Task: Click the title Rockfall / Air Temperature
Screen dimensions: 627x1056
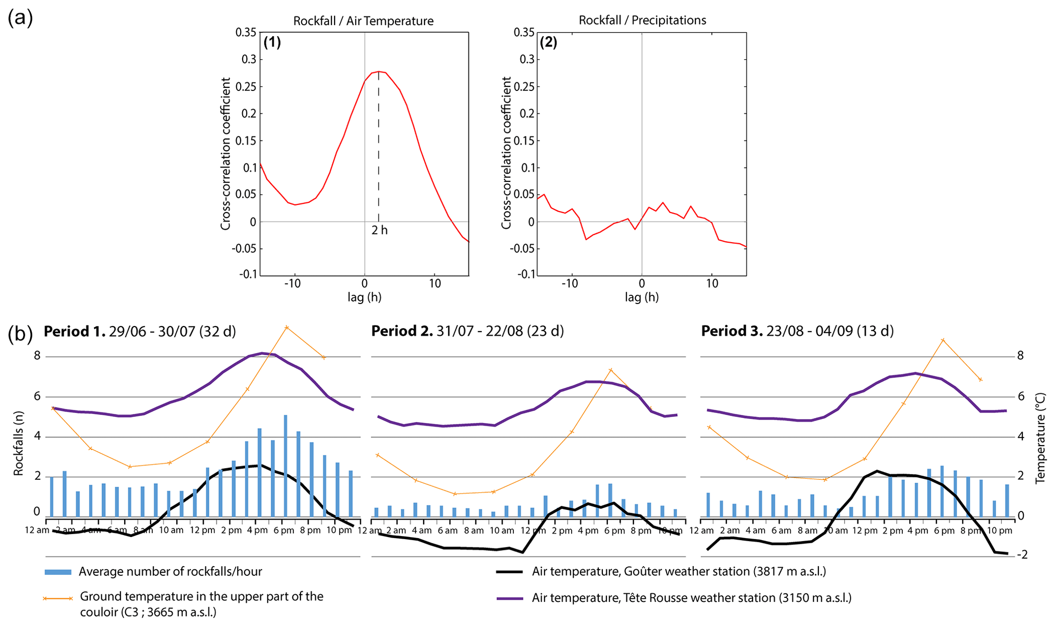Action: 363,21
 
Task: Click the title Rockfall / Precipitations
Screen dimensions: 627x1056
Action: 642,20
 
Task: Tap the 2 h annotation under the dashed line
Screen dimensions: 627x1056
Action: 380,230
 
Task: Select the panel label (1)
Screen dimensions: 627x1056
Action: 272,42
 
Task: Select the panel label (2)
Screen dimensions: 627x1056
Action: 549,42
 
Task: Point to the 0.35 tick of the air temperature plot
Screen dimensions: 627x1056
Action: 246,33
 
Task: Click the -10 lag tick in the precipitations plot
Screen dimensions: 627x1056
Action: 570,284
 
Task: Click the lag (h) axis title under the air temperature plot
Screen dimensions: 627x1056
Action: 364,297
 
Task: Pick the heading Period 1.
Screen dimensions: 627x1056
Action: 75,332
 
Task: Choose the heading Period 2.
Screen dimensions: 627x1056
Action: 402,331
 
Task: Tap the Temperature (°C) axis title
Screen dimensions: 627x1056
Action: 1040,438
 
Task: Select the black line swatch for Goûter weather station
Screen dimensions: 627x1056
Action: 509,572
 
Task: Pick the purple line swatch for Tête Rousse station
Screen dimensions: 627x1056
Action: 509,598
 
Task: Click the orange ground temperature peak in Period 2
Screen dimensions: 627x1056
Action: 611,370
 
